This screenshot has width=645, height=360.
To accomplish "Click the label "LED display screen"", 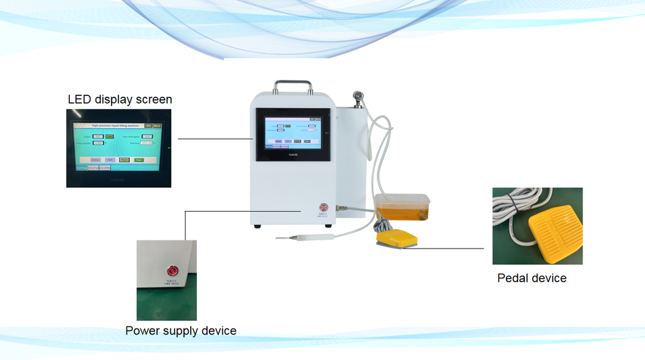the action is click(120, 99).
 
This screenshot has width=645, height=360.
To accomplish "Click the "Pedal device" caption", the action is click(531, 278).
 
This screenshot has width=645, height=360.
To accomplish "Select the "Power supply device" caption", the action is click(181, 330).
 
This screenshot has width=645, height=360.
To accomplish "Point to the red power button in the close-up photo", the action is click(173, 271).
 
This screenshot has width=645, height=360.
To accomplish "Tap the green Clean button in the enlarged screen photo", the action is click(139, 160).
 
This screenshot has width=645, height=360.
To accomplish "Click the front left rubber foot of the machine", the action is click(257, 226).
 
